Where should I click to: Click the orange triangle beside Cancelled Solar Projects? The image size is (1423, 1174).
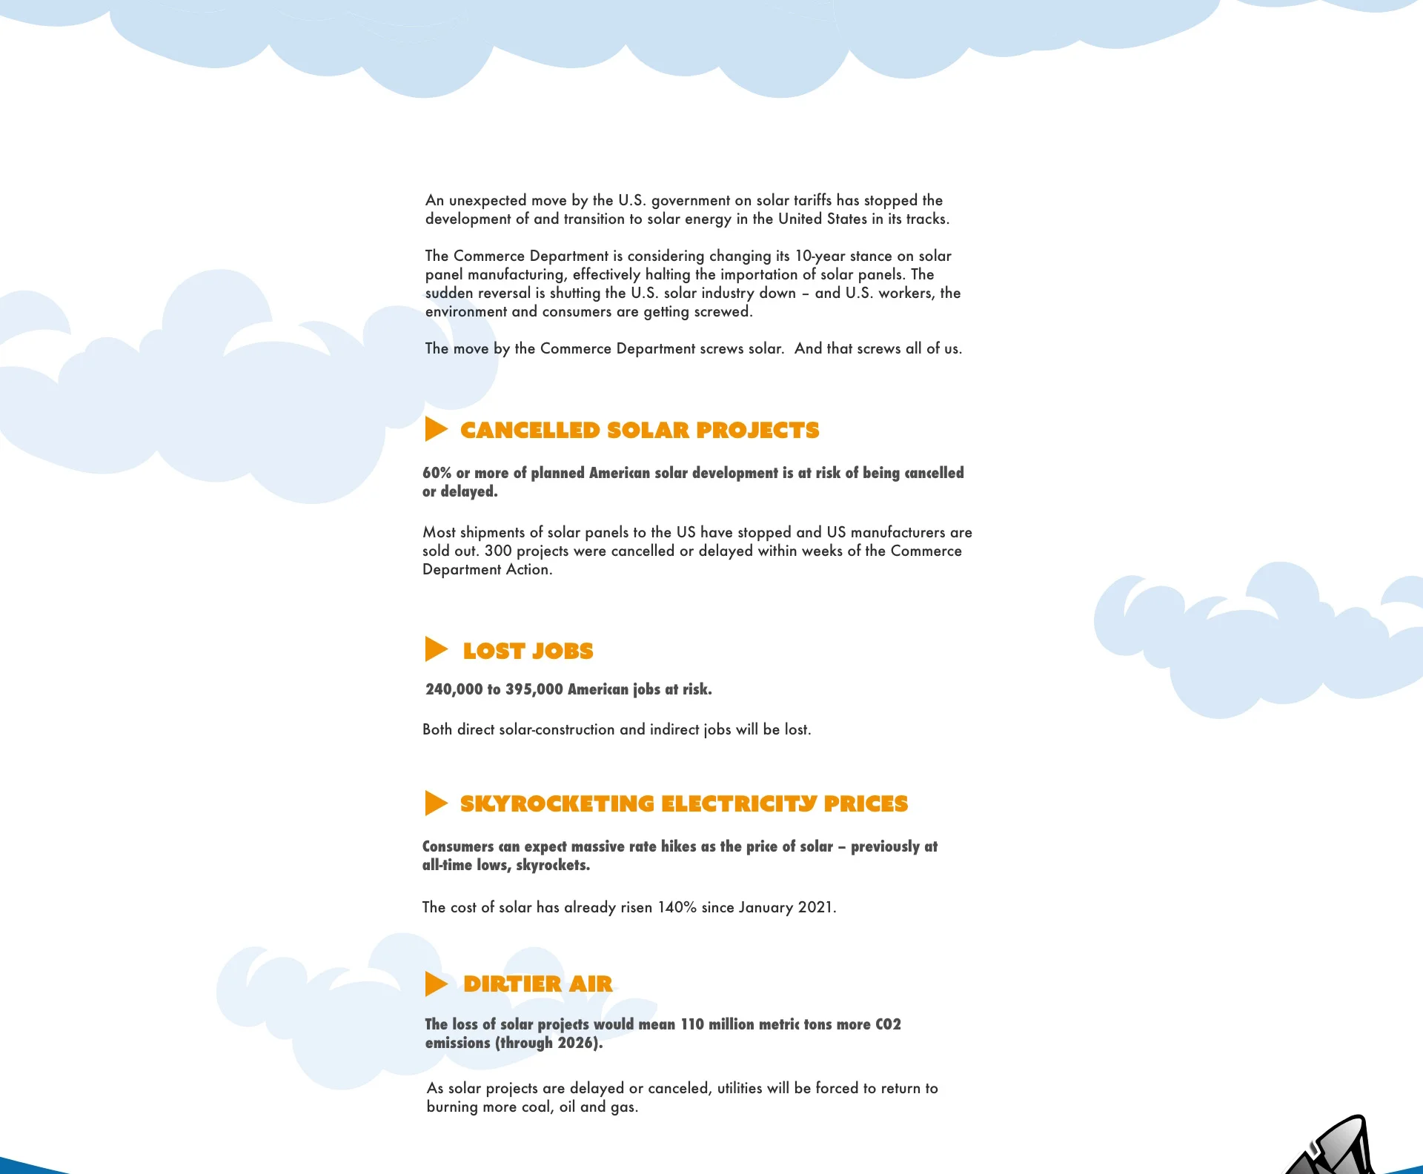pos(436,429)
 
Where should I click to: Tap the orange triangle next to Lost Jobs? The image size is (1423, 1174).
pos(436,649)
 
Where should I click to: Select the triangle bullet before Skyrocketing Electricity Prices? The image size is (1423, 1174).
pos(436,803)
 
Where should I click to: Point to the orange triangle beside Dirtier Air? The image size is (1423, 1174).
pos(436,984)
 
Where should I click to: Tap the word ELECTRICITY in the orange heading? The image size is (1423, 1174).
pos(739,804)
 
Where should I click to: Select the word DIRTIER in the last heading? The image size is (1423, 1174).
pos(512,984)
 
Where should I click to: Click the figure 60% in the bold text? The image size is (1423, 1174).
pos(437,473)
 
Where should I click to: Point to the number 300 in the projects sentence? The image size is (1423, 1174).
pos(498,551)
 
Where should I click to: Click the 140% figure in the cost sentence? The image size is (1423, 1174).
pos(677,907)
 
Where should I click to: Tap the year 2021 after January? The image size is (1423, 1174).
pos(815,907)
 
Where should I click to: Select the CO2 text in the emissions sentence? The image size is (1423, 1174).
pos(888,1024)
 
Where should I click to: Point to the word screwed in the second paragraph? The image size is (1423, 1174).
pos(722,311)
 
